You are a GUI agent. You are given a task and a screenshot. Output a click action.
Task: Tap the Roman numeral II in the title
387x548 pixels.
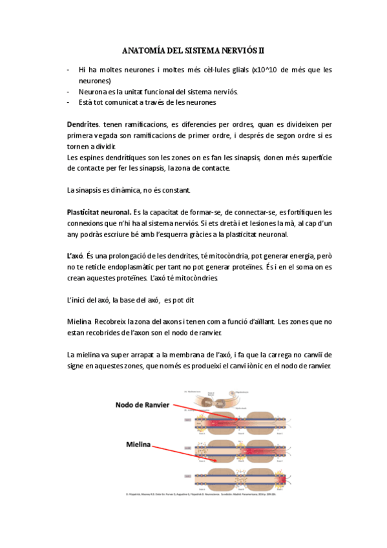point(262,48)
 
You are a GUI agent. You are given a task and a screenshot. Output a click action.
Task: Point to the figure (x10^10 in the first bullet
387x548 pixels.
point(266,69)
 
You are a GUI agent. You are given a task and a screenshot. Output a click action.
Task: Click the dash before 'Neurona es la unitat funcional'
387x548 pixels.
point(68,91)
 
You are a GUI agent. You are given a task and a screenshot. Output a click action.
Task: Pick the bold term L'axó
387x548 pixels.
point(76,257)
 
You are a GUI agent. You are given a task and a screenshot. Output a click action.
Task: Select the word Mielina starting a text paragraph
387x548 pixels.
point(79,322)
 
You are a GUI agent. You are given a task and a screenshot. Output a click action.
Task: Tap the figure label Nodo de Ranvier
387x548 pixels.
point(142,405)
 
